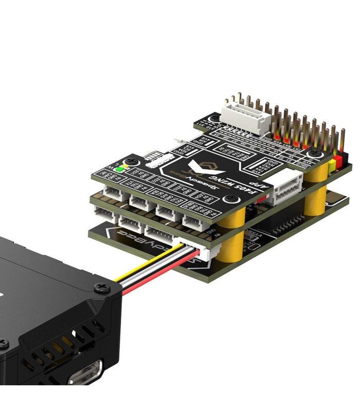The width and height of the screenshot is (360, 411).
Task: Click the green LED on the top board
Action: point(120,167)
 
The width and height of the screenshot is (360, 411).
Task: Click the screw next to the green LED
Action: point(135,161)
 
